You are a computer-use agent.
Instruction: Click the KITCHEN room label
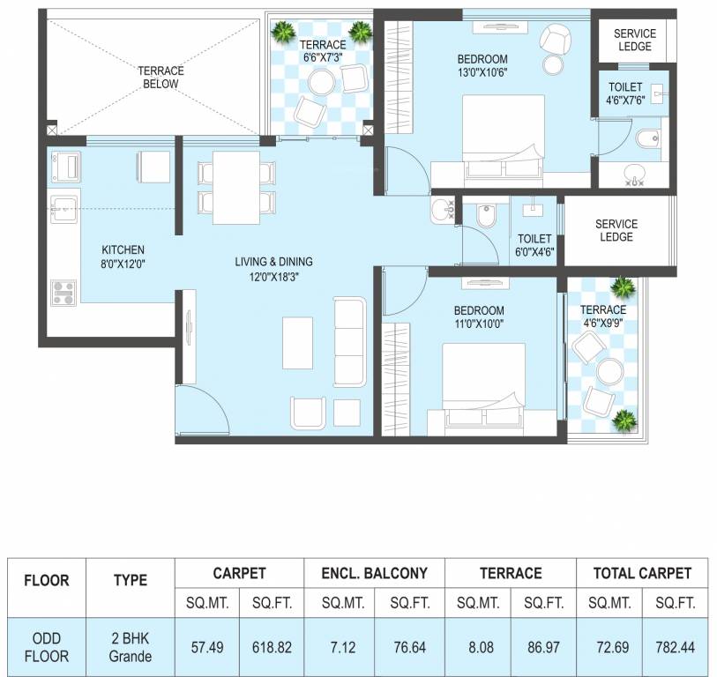pos(123,249)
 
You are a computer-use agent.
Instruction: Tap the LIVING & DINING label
pos(273,262)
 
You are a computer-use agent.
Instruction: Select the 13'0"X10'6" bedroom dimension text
pos(482,72)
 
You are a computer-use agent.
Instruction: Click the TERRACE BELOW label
pos(159,77)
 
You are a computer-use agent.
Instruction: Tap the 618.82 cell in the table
pos(272,647)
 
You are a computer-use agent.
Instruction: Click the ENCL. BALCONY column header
pos(374,573)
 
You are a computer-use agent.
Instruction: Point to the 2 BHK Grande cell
pos(130,647)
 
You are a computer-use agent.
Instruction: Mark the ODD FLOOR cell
pos(47,647)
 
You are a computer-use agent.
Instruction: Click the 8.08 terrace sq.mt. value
pos(477,647)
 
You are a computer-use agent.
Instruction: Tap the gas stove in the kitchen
pos(63,291)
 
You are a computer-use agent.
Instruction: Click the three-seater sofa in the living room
pos(349,342)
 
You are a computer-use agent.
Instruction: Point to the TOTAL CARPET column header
pos(641,573)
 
